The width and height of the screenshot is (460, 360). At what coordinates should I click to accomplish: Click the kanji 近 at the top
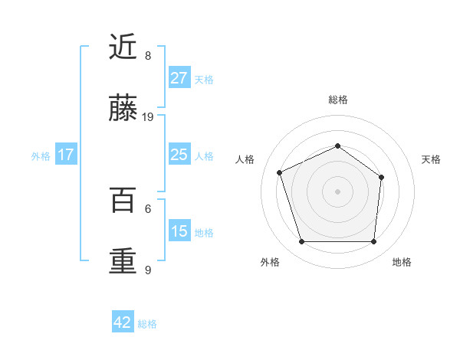point(123,48)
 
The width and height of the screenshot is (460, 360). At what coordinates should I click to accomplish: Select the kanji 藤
point(123,110)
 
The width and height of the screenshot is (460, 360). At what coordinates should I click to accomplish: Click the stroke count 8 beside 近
point(148,56)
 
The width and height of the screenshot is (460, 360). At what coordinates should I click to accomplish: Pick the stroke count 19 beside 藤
point(148,117)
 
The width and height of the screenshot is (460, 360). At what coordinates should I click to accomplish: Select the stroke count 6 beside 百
point(148,208)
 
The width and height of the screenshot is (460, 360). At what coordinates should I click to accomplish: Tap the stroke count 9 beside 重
point(148,269)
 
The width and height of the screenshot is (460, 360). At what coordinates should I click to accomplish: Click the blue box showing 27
point(179,77)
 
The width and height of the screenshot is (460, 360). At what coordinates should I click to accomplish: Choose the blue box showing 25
point(179,154)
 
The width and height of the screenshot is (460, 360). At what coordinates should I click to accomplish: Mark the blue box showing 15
point(179,231)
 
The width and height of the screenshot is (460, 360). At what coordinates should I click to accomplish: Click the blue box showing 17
point(65,154)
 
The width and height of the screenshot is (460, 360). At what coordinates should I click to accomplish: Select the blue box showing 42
point(123,322)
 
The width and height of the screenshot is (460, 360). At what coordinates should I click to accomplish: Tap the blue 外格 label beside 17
point(41,156)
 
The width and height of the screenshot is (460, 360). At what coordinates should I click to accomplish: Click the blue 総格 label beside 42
point(147,324)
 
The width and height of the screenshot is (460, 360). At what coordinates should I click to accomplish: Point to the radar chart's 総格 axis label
point(337,100)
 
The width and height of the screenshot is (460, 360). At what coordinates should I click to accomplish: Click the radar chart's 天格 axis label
point(431,159)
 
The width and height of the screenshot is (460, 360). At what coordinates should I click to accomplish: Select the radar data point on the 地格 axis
point(373,241)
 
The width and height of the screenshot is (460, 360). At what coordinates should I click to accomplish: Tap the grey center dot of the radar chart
point(337,191)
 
